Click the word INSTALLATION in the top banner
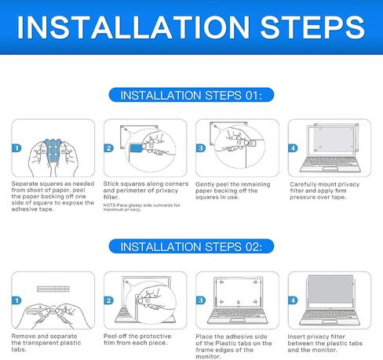pyautogui.click(x=133, y=27)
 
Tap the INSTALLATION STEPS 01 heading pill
pyautogui.click(x=191, y=95)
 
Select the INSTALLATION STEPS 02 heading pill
pyautogui.click(x=191, y=246)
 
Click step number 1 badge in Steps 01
pyautogui.click(x=16, y=148)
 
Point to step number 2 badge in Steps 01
pyautogui.click(x=108, y=148)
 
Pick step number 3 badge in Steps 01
pyautogui.click(x=201, y=148)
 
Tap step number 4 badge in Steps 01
pyautogui.click(x=293, y=148)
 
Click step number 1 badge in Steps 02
pyautogui.click(x=16, y=300)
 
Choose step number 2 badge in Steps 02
pyautogui.click(x=108, y=300)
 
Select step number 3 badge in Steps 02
pyautogui.click(x=201, y=300)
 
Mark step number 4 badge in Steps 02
pyautogui.click(x=293, y=300)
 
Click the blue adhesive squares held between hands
pyautogui.click(x=53, y=152)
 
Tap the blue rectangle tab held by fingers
pyautogui.click(x=136, y=148)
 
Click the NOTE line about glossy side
pyautogui.click(x=141, y=207)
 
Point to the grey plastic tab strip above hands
pyautogui.click(x=53, y=289)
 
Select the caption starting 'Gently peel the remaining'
pyautogui.click(x=233, y=191)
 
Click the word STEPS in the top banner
pyautogui.click(x=312, y=27)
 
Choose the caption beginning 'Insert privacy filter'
pyautogui.click(x=325, y=343)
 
